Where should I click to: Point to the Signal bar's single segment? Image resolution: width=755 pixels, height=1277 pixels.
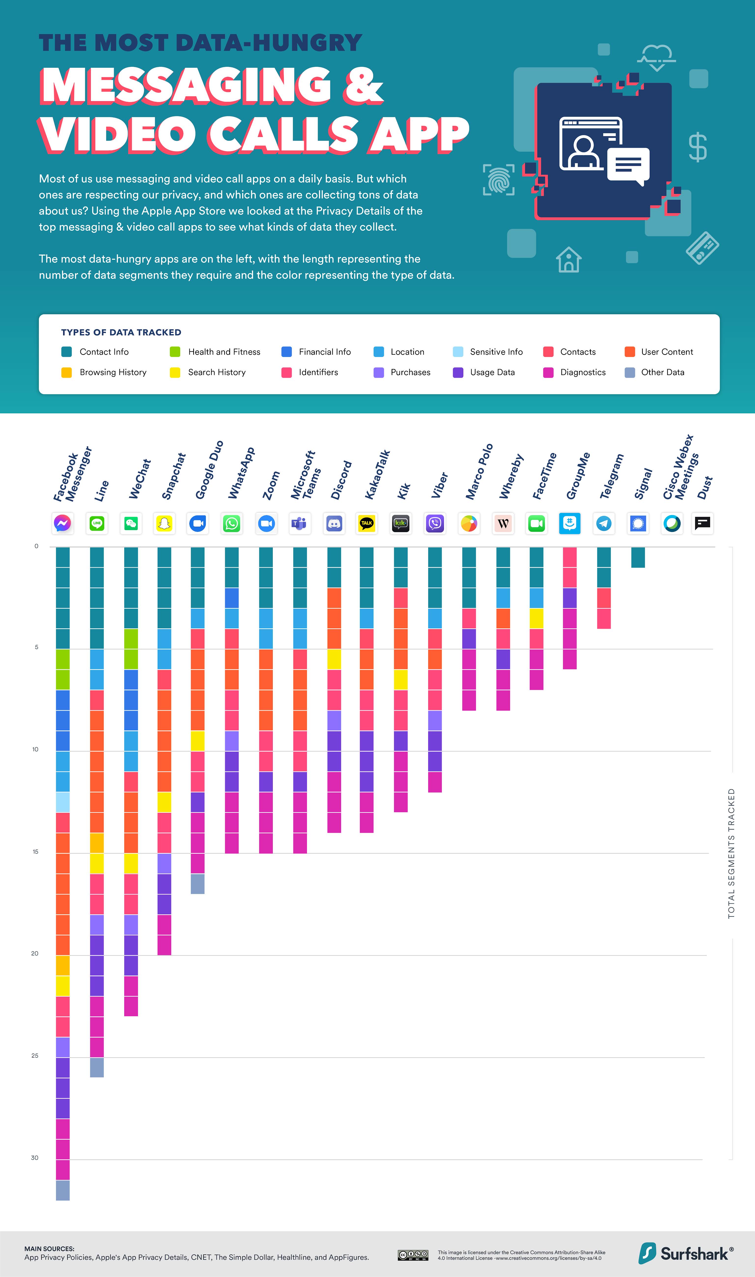click(x=638, y=557)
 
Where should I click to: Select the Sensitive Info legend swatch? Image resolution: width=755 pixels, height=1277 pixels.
click(x=458, y=351)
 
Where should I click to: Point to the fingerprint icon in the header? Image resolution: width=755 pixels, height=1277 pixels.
click(x=499, y=180)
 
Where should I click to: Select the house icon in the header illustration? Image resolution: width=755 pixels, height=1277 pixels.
click(x=568, y=260)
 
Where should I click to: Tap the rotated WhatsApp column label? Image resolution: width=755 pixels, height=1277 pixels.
click(x=241, y=473)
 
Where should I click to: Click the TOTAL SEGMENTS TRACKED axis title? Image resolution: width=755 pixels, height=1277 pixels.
click(x=731, y=853)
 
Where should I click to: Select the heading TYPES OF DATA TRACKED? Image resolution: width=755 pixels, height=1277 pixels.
click(x=121, y=332)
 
